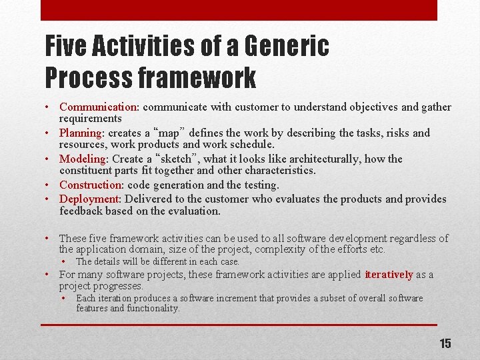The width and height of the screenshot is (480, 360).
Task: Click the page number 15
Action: [445, 343]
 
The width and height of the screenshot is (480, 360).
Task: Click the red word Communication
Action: [98, 107]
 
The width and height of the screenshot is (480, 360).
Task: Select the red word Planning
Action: [81, 133]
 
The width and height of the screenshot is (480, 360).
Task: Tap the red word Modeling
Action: [83, 159]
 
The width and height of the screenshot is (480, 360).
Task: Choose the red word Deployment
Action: [89, 199]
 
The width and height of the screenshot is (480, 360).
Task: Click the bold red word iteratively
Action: [389, 275]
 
